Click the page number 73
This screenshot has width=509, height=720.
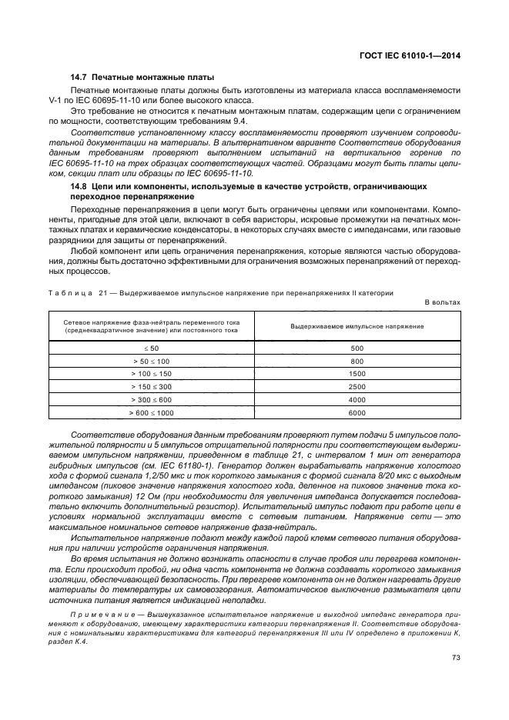[x=455, y=657]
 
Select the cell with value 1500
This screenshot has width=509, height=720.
[x=357, y=374]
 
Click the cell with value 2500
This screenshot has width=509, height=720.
[x=357, y=386]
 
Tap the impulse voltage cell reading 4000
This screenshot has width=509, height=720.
[x=357, y=399]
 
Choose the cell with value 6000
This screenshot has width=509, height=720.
[x=357, y=412]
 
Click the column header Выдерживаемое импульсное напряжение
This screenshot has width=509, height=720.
[x=357, y=326]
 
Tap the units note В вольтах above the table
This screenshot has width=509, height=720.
[x=442, y=302]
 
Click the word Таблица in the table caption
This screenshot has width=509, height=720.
[x=72, y=292]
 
